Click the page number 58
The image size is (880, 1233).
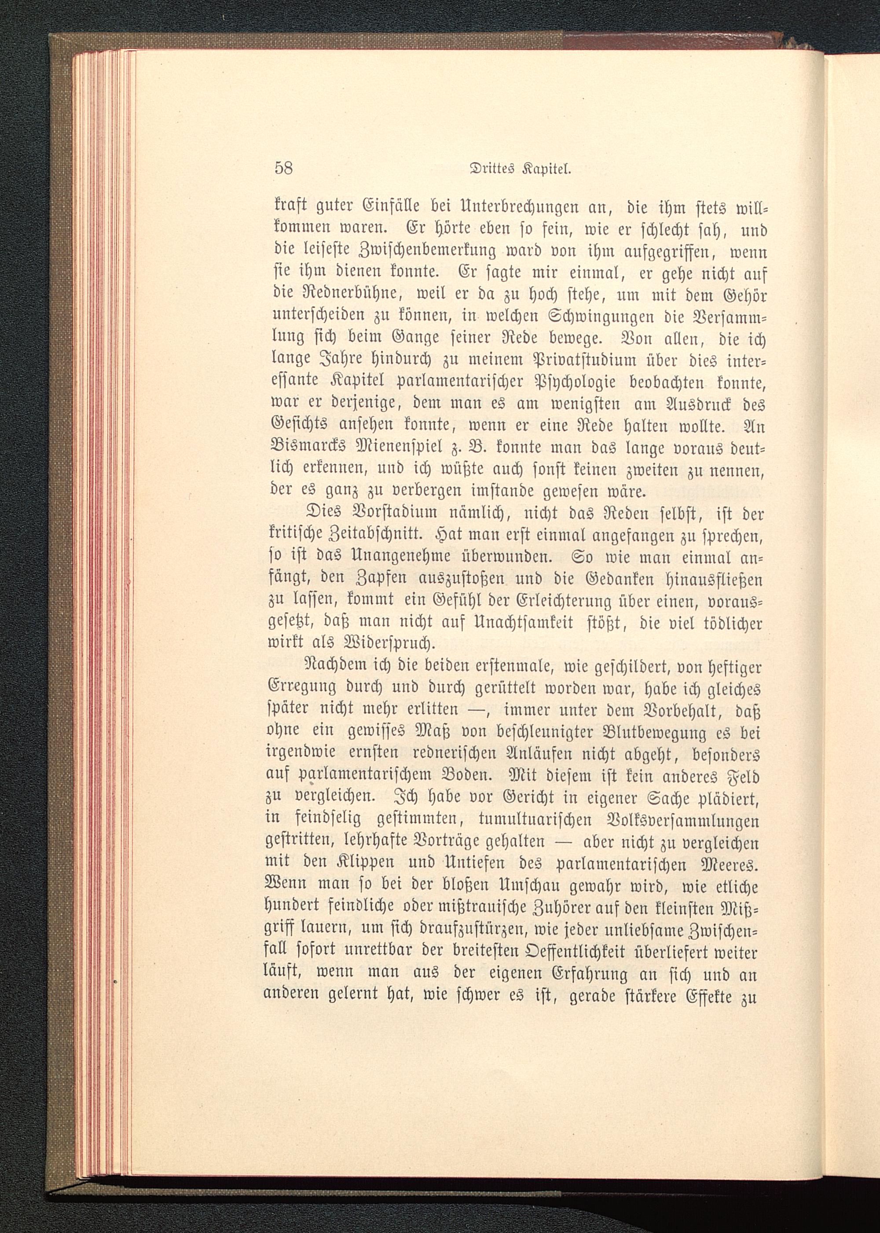click(283, 168)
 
